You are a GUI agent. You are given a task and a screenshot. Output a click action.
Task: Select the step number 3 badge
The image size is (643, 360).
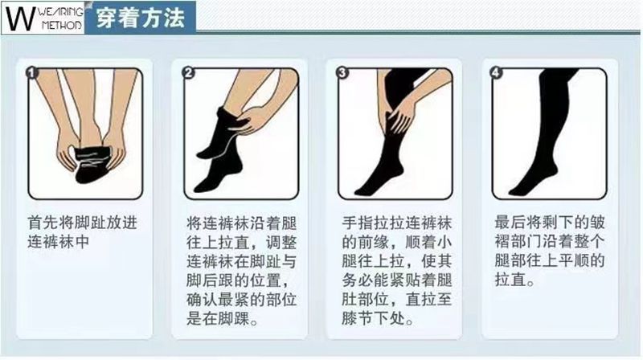[x=342, y=72]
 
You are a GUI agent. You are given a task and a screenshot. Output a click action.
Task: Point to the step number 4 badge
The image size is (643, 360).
[x=496, y=72]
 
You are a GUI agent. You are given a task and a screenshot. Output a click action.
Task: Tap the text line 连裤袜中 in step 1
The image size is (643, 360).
[x=58, y=242]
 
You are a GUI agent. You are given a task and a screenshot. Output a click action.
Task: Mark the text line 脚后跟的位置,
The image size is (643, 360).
[x=235, y=281]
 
